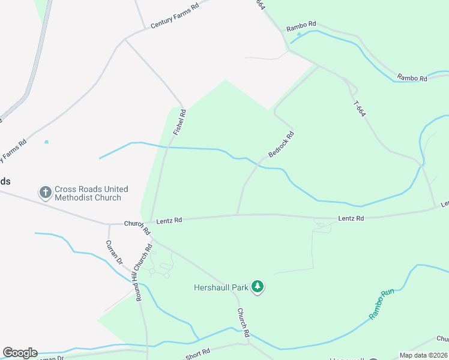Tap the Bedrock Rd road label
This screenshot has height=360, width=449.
pyautogui.click(x=282, y=145)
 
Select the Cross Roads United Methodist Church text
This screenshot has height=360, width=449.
pyautogui.click(x=88, y=193)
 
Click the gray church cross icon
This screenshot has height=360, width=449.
pyautogui.click(x=45, y=193)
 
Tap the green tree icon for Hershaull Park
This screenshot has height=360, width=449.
pyautogui.click(x=258, y=287)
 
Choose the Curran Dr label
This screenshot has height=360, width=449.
pyautogui.click(x=113, y=253)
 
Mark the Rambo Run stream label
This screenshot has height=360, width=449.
pyautogui.click(x=381, y=304)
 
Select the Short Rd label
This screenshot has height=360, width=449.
pyautogui.click(x=197, y=354)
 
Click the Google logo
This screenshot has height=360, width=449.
pyautogui.click(x=20, y=353)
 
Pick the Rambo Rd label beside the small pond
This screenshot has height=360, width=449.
pyautogui.click(x=301, y=26)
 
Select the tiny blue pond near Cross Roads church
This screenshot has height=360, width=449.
pyautogui.click(x=46, y=142)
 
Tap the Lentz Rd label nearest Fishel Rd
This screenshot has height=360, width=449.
pyautogui.click(x=169, y=221)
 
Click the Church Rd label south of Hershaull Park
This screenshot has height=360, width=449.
pyautogui.click(x=243, y=322)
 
